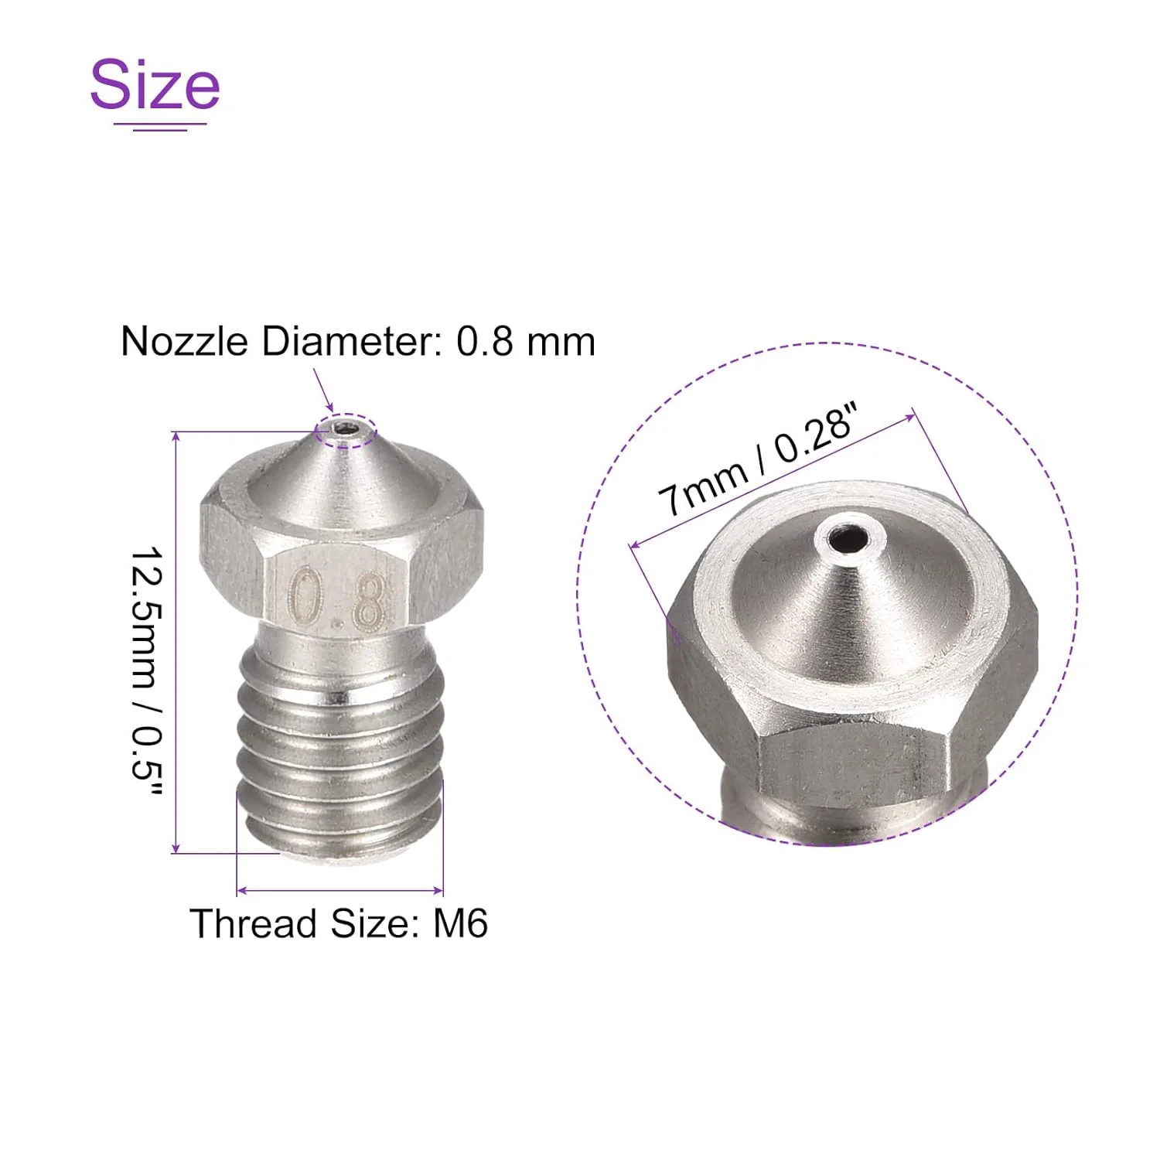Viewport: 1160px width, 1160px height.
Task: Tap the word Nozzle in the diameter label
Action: pyautogui.click(x=184, y=341)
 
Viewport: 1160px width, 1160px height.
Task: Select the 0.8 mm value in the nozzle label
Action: pyautogui.click(x=526, y=341)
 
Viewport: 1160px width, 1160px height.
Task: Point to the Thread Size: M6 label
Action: pyautogui.click(x=339, y=923)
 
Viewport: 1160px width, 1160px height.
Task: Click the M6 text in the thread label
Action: pyautogui.click(x=461, y=923)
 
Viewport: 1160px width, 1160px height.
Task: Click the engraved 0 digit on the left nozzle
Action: pyautogui.click(x=306, y=596)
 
